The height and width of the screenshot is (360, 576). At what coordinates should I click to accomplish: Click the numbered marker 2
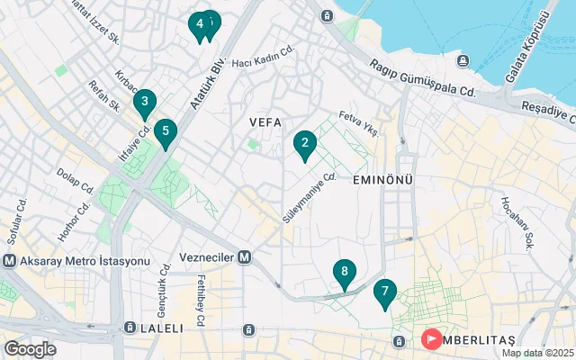pos(305,143)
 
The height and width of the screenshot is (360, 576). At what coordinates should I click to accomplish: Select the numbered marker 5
pos(165,132)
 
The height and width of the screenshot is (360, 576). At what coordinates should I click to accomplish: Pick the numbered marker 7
pos(384,292)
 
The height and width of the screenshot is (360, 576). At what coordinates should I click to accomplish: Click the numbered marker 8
pos(343,272)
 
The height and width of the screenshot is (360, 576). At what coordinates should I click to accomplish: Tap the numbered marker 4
pos(199,24)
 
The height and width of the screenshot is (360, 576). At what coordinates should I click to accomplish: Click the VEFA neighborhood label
pos(265,121)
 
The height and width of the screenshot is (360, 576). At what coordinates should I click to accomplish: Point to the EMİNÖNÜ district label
pos(382,180)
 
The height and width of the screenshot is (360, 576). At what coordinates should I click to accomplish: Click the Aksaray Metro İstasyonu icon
pos(10,261)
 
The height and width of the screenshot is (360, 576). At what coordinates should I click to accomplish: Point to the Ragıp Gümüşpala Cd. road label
pos(421,78)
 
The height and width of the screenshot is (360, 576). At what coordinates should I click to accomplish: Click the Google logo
pos(30,348)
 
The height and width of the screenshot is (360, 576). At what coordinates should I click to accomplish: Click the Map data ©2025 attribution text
pos(537,353)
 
